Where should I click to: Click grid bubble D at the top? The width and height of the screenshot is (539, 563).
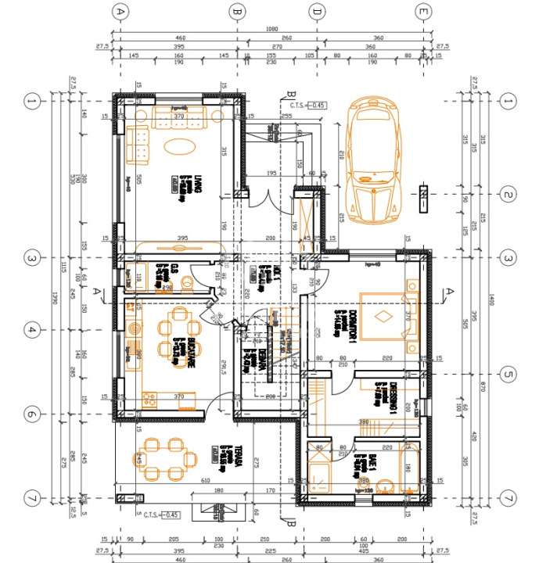point(317,12)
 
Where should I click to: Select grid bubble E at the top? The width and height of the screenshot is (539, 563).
point(423,12)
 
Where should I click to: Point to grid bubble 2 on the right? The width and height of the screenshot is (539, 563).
point(508,195)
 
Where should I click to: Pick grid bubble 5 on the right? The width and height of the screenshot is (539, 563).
point(508,375)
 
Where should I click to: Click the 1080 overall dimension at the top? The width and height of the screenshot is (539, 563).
point(272,30)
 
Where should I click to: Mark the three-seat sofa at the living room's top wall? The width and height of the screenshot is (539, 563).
point(179,117)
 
